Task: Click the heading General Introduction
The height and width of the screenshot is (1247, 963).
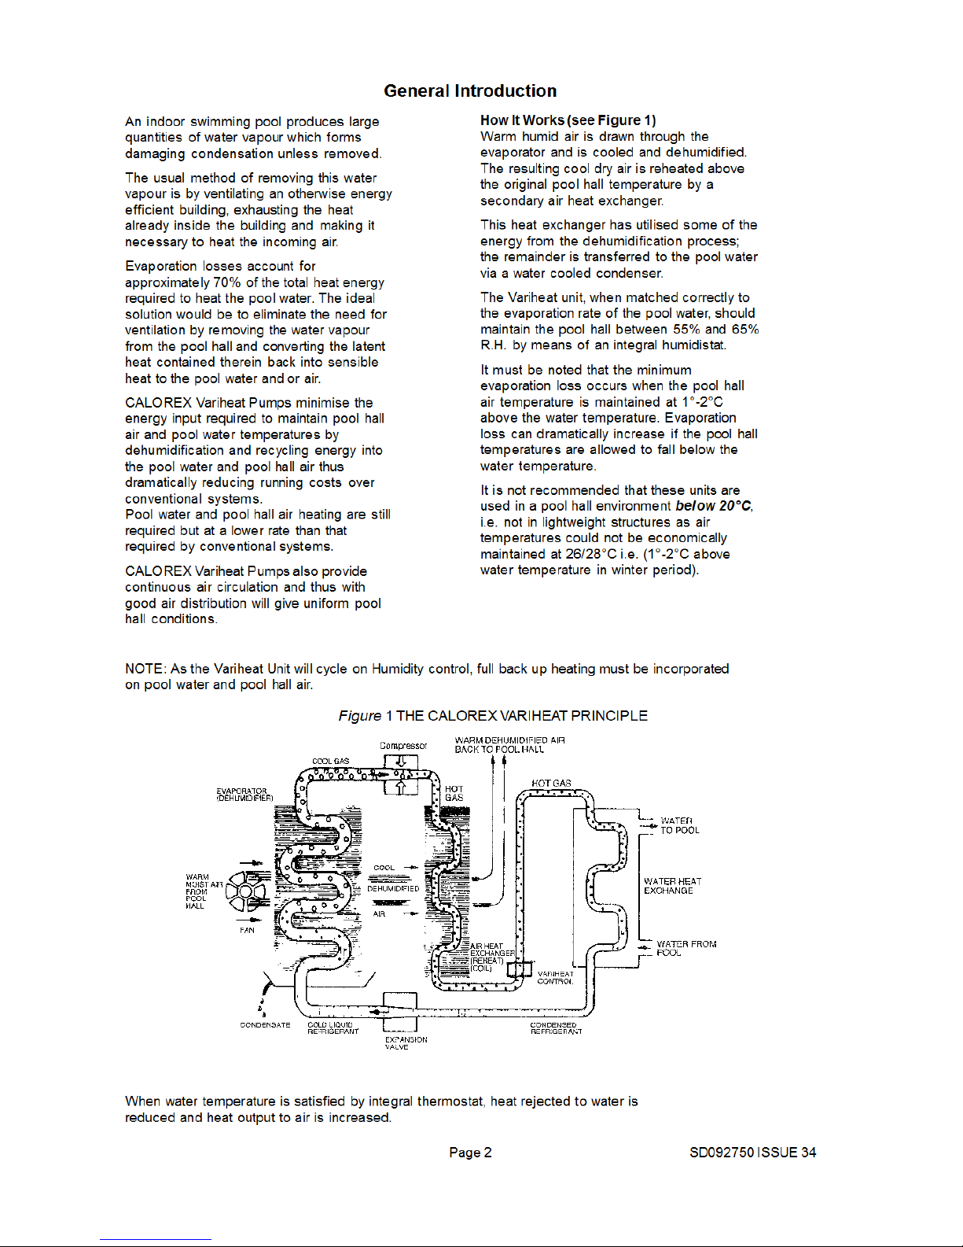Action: pyautogui.click(x=470, y=91)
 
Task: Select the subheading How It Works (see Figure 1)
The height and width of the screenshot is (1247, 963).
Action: pyautogui.click(x=568, y=120)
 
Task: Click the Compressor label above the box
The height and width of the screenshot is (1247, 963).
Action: pyautogui.click(x=403, y=746)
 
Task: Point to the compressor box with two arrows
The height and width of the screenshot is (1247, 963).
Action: pyautogui.click(x=400, y=774)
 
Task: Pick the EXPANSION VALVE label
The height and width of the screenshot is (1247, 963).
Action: pyautogui.click(x=406, y=1043)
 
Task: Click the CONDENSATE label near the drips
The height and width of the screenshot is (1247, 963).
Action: pyautogui.click(x=265, y=1025)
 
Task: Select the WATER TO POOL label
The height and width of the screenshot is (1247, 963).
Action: pyautogui.click(x=679, y=825)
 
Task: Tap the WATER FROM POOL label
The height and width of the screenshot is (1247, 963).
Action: pyautogui.click(x=685, y=948)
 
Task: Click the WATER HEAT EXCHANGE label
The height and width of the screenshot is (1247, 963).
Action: pyautogui.click(x=672, y=886)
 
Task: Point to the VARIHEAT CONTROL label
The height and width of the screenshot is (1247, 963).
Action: pyautogui.click(x=555, y=978)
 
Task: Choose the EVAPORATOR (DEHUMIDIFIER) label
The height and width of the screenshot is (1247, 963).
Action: pyautogui.click(x=244, y=795)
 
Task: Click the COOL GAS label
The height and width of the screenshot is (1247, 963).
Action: pyautogui.click(x=330, y=761)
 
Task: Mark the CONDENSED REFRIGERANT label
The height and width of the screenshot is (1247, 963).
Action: pyautogui.click(x=556, y=1028)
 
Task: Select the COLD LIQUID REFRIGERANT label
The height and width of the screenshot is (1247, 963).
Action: pyautogui.click(x=333, y=1028)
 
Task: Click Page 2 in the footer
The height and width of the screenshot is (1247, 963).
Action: pyautogui.click(x=470, y=1153)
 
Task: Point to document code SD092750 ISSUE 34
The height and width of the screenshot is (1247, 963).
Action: pyautogui.click(x=752, y=1153)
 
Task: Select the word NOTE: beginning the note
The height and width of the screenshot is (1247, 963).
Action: pyautogui.click(x=145, y=669)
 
